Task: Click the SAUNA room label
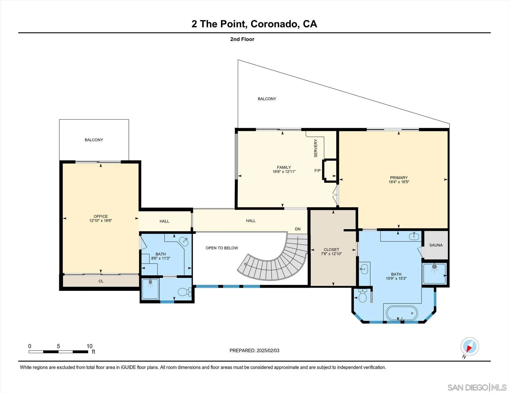coord(436,245)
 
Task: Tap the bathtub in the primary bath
coord(402,313)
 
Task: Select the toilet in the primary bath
coord(362,296)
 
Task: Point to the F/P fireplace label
coord(317,171)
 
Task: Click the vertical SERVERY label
coord(316,148)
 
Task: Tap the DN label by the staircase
coord(298,229)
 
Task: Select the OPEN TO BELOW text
coord(222,248)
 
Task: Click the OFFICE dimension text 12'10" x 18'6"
coord(101,221)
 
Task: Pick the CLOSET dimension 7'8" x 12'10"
coord(331,254)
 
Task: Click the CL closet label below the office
coord(101,281)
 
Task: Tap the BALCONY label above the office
coord(94,140)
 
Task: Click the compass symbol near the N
coord(470,346)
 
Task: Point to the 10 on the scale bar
coord(89,346)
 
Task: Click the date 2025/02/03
coord(268,351)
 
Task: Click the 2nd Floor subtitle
coord(242,39)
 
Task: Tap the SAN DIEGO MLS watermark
coord(477,387)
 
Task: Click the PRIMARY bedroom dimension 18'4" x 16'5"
coord(399,182)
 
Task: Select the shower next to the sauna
coord(434,274)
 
